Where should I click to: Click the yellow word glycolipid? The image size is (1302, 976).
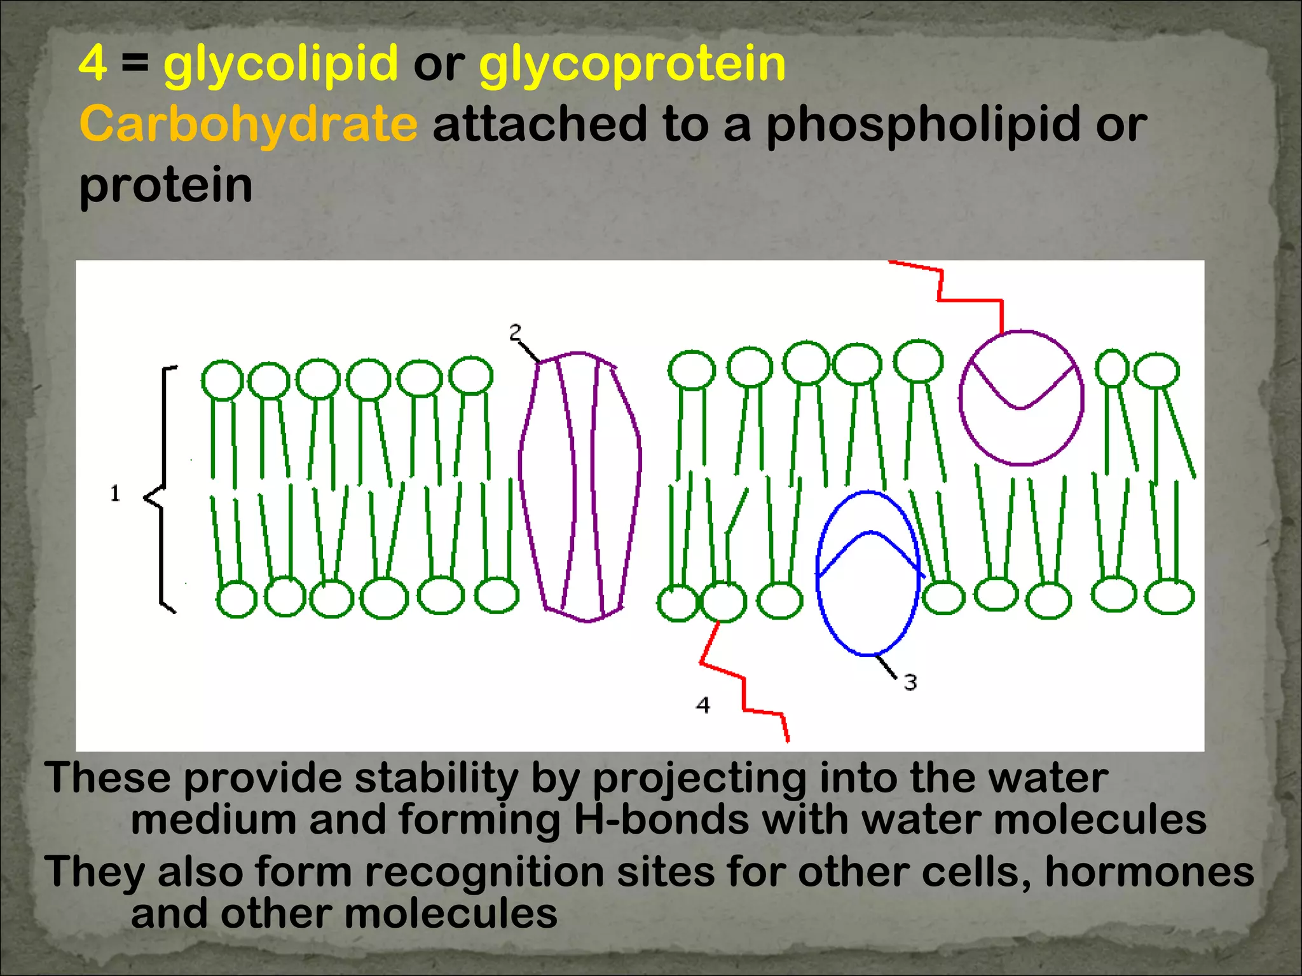(x=280, y=64)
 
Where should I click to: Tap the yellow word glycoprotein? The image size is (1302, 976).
(x=633, y=64)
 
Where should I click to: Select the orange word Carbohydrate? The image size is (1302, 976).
(x=249, y=124)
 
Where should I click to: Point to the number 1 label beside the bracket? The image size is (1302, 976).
(x=115, y=494)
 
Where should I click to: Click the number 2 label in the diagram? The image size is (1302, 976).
(x=515, y=332)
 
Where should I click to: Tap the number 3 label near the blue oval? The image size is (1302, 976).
(x=910, y=682)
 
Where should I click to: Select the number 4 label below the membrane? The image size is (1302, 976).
(x=702, y=705)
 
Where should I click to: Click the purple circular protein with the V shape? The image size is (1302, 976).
(x=1021, y=398)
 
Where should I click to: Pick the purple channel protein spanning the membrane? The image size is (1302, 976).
(x=580, y=486)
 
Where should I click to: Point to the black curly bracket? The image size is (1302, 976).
(x=160, y=489)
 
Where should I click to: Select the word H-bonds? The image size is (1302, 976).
(x=661, y=819)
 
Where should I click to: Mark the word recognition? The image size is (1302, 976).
(x=483, y=871)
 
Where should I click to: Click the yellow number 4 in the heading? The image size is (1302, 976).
(x=93, y=64)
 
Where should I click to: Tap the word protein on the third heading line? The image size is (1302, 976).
(x=166, y=185)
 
